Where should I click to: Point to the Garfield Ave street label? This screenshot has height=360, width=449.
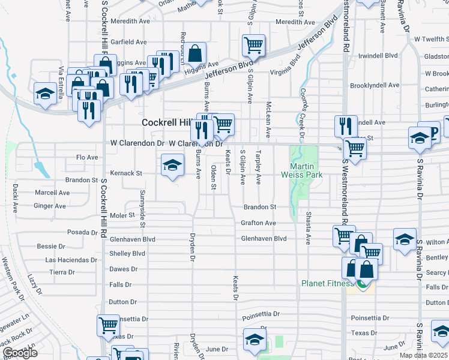[128, 42]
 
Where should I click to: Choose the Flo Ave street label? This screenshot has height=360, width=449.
[86, 157]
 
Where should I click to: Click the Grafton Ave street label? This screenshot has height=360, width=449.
[258, 223]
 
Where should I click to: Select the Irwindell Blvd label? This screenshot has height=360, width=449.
[378, 55]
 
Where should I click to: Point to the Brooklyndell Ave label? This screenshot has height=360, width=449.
[374, 85]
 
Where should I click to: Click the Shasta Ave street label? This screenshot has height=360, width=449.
[309, 228]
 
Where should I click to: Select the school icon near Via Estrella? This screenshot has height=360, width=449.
[45, 94]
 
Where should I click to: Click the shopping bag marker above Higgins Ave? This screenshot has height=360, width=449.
[195, 53]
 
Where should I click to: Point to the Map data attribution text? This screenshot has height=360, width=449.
[424, 356]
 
